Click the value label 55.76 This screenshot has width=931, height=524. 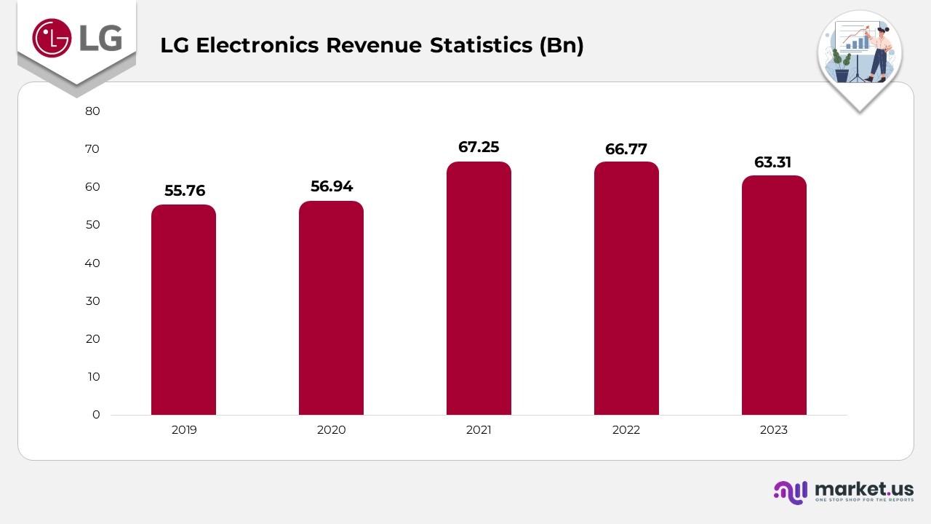[x=185, y=191]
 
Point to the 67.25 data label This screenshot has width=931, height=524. [x=479, y=147]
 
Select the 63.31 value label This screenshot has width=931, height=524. [x=772, y=162]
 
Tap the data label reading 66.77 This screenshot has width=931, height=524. [x=626, y=149]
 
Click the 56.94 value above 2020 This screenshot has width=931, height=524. [x=332, y=186]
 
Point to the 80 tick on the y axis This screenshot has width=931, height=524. [x=92, y=111]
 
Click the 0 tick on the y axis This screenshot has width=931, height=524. [x=96, y=415]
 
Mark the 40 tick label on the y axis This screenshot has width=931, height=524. [x=92, y=263]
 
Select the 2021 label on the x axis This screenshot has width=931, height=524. [x=479, y=430]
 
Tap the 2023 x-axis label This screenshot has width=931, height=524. [x=774, y=430]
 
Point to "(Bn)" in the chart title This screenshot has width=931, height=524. [x=561, y=45]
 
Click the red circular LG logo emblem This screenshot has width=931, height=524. [x=52, y=37]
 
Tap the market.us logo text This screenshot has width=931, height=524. [x=863, y=489]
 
